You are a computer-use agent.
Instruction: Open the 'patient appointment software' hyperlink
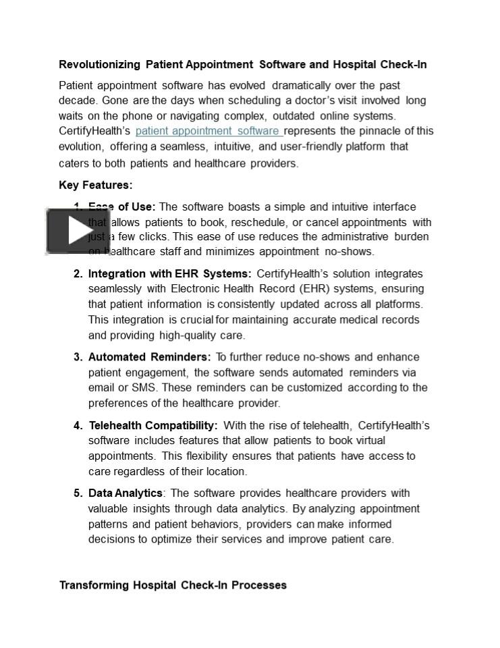click(x=208, y=131)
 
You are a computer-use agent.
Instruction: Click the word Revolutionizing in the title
click(x=99, y=65)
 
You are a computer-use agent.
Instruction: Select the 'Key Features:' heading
click(x=95, y=185)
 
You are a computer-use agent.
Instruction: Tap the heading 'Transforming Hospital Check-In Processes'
click(x=173, y=585)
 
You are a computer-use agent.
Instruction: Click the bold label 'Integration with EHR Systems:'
click(x=169, y=274)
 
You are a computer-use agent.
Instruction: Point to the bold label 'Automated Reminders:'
click(x=149, y=357)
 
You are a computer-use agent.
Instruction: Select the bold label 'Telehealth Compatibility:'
click(x=152, y=426)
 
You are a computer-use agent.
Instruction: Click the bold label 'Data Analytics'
click(x=125, y=493)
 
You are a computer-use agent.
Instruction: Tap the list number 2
click(x=78, y=274)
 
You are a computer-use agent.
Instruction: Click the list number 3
click(x=78, y=357)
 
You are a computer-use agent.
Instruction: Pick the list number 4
click(x=78, y=426)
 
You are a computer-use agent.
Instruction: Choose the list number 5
click(x=78, y=493)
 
